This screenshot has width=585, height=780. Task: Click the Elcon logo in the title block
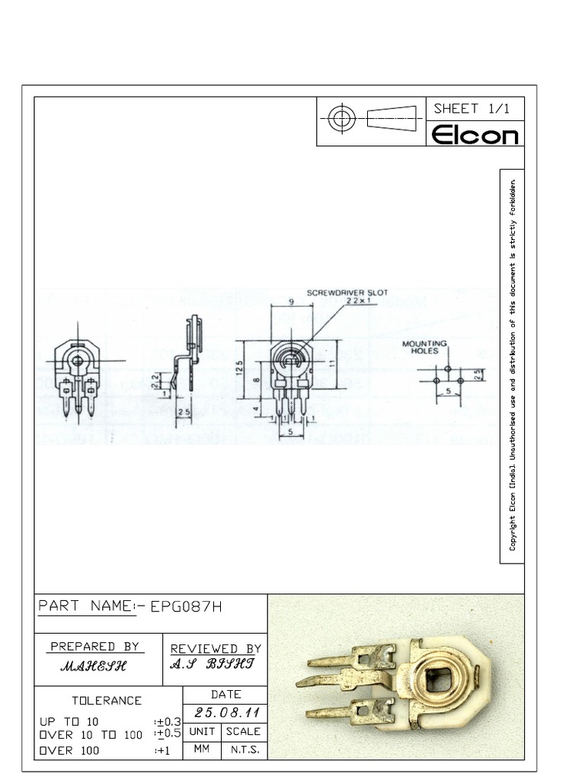click(475, 135)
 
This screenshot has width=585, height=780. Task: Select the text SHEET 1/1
click(472, 109)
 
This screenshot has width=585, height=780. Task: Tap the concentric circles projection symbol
click(342, 118)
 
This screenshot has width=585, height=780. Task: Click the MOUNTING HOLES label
click(424, 347)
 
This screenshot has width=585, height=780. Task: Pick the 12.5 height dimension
click(238, 369)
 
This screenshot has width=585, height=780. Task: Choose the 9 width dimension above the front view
click(292, 302)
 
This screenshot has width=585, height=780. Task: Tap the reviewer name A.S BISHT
click(213, 663)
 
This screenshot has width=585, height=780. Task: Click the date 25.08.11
click(227, 713)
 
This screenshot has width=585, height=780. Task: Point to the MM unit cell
click(201, 750)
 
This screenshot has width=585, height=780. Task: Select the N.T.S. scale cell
click(244, 750)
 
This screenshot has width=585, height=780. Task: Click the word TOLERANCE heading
click(107, 700)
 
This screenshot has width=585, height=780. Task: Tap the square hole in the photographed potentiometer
click(440, 679)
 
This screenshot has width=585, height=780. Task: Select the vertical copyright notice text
click(513, 366)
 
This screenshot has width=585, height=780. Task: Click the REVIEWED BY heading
click(216, 648)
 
